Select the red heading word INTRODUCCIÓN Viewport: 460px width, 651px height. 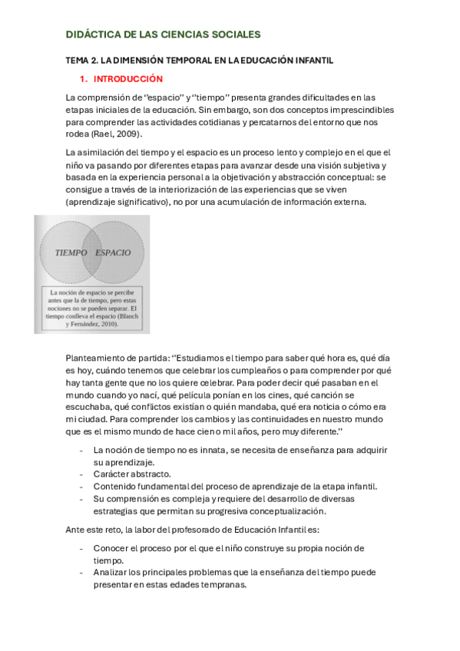click(128, 79)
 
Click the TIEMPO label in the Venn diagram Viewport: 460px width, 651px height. click(71, 253)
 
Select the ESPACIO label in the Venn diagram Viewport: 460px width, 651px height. click(112, 253)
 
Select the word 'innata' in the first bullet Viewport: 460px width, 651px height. click(206, 450)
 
